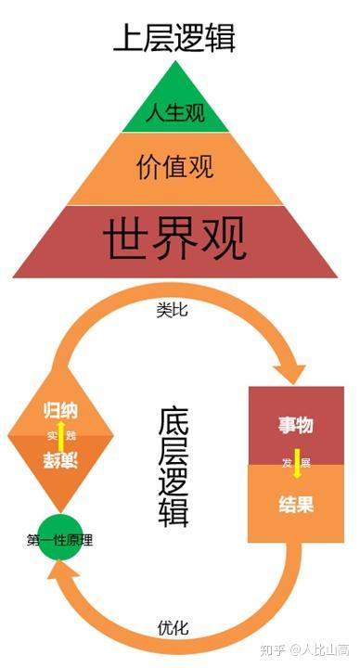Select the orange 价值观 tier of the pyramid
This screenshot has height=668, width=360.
click(x=174, y=167)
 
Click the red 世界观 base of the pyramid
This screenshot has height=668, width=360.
click(x=174, y=240)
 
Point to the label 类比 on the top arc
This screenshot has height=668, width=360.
click(x=172, y=310)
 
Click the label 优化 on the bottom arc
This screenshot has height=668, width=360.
click(x=173, y=628)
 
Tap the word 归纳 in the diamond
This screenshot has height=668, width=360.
click(x=61, y=411)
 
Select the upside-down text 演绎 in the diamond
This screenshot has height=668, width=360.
click(x=61, y=460)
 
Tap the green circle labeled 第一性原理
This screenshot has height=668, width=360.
click(x=60, y=538)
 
